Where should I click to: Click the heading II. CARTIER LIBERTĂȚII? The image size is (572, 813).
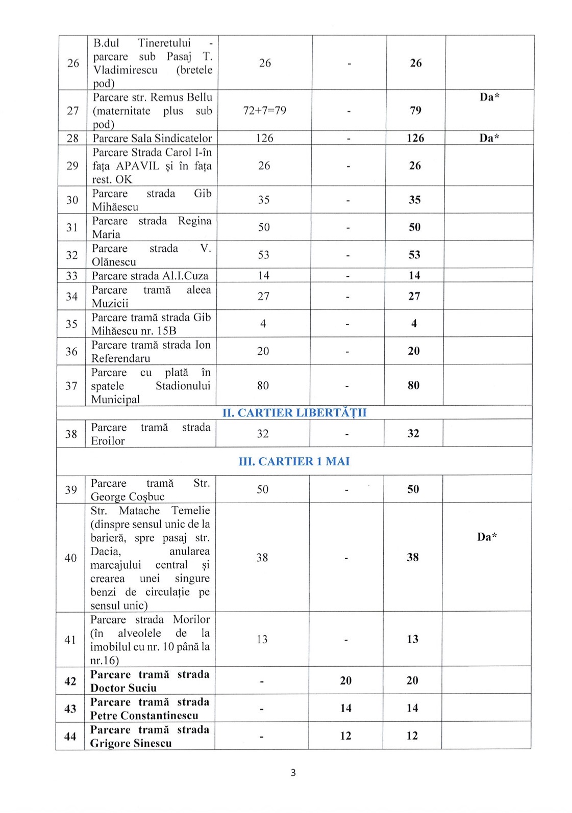point(294,412)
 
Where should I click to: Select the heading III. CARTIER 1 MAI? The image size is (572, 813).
point(294,461)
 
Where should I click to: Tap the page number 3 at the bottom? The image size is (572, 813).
point(293,773)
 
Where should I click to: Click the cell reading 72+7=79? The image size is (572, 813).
point(265,111)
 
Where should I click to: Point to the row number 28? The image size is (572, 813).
point(72,138)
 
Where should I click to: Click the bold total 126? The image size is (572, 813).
point(415,138)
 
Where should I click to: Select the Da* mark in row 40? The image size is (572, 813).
point(487,537)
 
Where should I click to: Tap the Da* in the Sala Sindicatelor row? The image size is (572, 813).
point(489,138)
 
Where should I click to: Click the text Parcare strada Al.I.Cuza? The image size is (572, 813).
point(150,276)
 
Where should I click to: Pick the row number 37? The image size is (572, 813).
point(71,386)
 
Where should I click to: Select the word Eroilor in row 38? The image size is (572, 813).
point(108,441)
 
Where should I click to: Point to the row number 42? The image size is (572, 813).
point(70,681)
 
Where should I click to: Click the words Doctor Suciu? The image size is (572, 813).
point(123,688)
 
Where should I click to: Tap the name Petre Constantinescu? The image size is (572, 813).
point(144,716)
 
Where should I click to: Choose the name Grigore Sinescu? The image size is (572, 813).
point(131,743)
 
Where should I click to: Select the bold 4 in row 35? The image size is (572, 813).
point(414,323)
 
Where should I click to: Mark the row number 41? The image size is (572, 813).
point(70,640)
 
